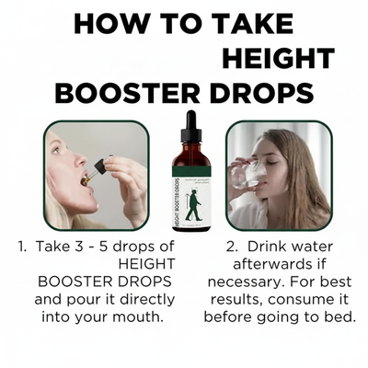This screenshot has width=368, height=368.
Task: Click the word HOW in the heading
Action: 110,25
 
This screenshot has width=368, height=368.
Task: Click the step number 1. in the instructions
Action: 21,247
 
